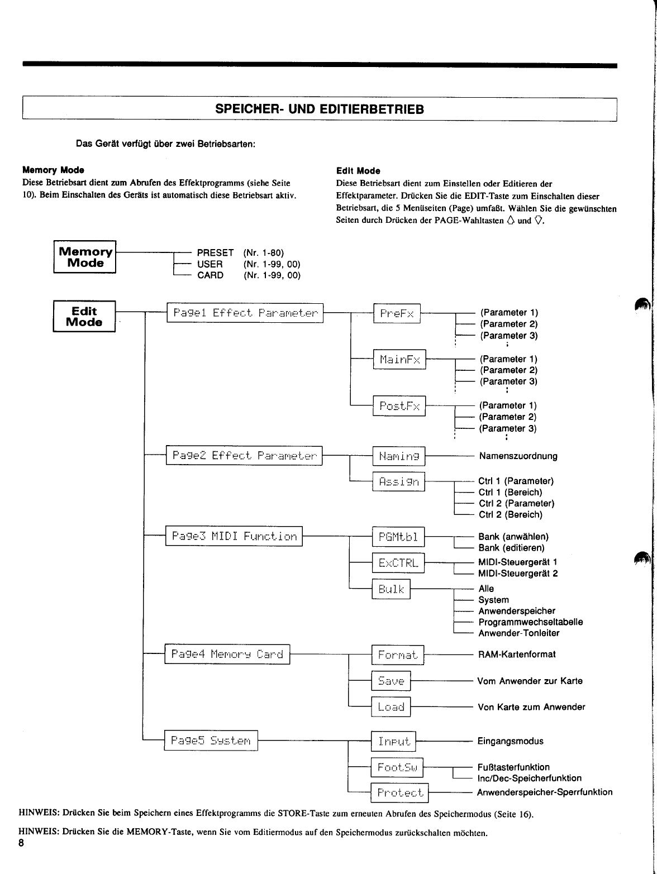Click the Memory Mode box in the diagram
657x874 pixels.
point(85,257)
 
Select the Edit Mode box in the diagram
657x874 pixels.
point(84,316)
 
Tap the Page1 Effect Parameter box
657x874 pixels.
point(245,313)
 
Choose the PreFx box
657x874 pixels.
point(397,313)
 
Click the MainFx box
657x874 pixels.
point(399,360)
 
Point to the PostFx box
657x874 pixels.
point(399,406)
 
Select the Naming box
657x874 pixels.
point(398,456)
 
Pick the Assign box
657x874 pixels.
point(398,481)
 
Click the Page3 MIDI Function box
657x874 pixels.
point(234,536)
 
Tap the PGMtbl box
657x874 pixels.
point(398,537)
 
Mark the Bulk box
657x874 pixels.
point(391,589)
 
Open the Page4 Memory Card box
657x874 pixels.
point(227,654)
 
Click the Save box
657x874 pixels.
point(391,681)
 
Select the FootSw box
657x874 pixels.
point(397,767)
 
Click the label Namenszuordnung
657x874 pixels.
point(518,456)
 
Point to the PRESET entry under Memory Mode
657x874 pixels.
point(215,253)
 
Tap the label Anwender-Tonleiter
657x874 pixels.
point(518,633)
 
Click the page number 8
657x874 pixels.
point(21,843)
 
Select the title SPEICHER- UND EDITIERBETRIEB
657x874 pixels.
point(320,109)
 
